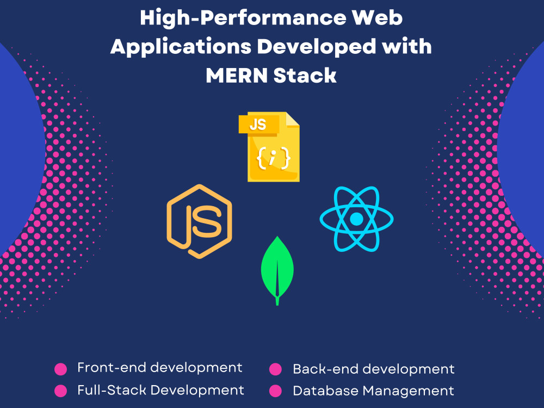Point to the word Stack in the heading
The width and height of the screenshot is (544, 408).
305,75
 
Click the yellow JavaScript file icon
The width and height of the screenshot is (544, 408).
269,146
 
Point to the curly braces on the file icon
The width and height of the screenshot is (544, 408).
273,158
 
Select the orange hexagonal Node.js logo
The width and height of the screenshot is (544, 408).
200,221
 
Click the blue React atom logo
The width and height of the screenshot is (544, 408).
356,219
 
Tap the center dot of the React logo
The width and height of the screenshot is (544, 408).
356,219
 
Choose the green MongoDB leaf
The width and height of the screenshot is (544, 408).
277,270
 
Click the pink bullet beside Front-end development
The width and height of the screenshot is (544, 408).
61,369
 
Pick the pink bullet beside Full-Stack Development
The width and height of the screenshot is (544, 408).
61,391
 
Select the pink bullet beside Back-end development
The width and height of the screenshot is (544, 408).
275,369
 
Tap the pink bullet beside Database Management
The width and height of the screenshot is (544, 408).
275,391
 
